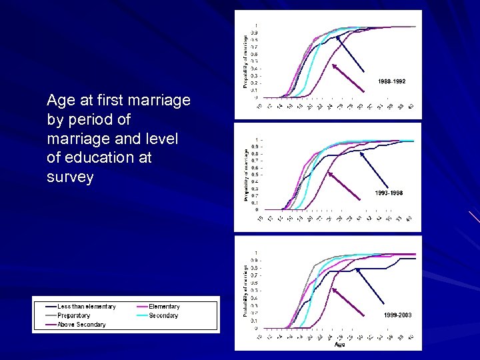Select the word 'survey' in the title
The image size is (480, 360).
coord(70,177)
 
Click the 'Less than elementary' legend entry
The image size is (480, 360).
coord(86,307)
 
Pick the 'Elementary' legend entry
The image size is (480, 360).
coord(164,307)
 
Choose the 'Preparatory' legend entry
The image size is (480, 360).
coord(73,315)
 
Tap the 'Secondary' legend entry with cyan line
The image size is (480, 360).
coord(163,315)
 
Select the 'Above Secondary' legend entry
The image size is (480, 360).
coord(81,325)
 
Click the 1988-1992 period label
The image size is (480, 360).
coord(392,81)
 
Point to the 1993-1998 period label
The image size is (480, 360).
coord(389,193)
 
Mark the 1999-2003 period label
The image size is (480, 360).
coord(397,314)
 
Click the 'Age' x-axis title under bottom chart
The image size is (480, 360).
coord(341,345)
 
